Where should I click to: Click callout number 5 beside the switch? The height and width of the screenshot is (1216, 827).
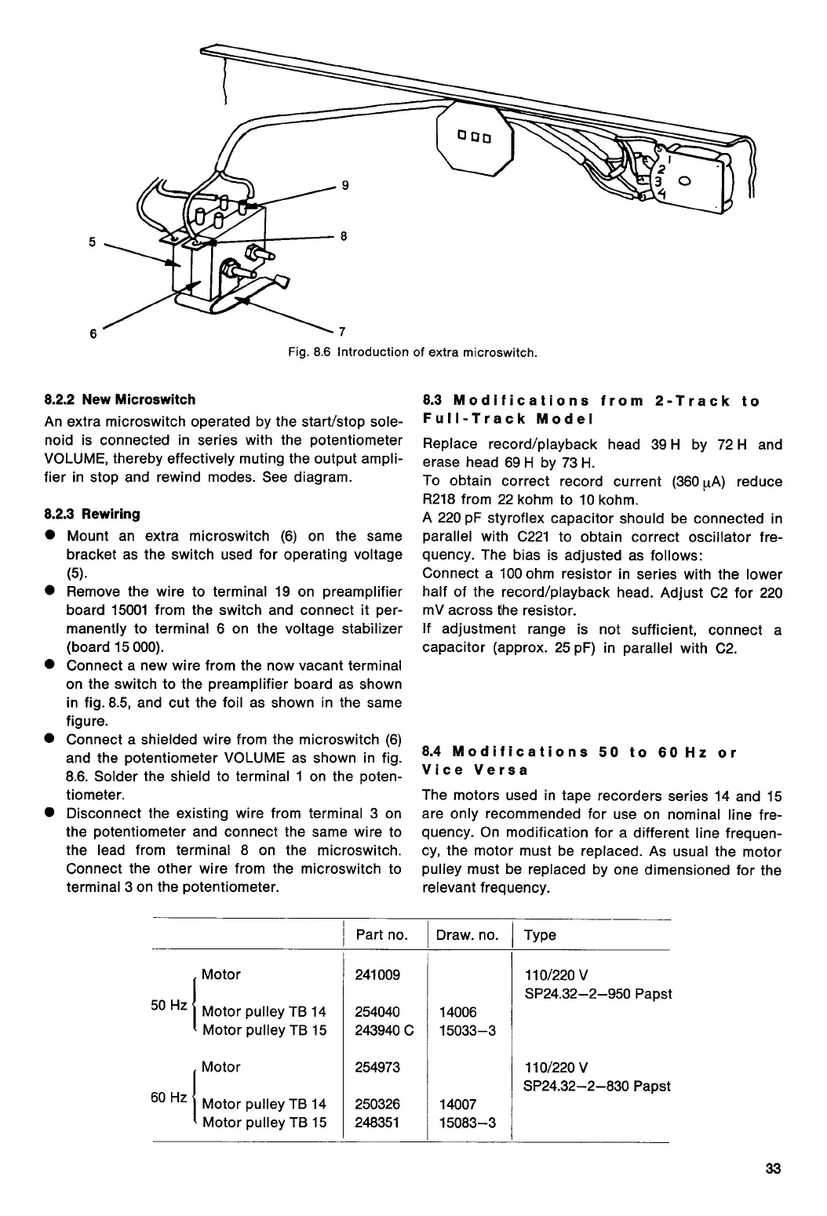pyautogui.click(x=92, y=242)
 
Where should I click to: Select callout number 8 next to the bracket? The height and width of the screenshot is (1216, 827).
pyautogui.click(x=344, y=235)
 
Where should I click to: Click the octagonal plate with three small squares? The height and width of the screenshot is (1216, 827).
pyautogui.click(x=475, y=140)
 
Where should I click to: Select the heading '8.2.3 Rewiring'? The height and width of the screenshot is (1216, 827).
pyautogui.click(x=93, y=514)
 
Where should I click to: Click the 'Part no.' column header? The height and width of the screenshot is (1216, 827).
pyautogui.click(x=381, y=934)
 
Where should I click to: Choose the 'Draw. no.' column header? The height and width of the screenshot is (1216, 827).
pyautogui.click(x=468, y=934)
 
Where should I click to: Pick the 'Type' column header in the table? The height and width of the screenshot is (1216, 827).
pyautogui.click(x=540, y=934)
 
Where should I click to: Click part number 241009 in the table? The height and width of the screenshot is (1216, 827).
pyautogui.click(x=377, y=974)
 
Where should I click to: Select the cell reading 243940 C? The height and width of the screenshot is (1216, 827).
pyautogui.click(x=384, y=1030)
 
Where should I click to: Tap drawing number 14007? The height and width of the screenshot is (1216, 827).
pyautogui.click(x=457, y=1104)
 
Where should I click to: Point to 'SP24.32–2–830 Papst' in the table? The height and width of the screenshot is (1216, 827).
pyautogui.click(x=597, y=1086)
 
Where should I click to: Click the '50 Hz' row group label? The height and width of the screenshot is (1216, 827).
pyautogui.click(x=169, y=1004)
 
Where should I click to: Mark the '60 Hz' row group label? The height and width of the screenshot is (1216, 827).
pyautogui.click(x=169, y=1096)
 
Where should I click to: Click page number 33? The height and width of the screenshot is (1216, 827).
pyautogui.click(x=774, y=1170)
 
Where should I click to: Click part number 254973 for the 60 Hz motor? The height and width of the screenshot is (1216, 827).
pyautogui.click(x=377, y=1067)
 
